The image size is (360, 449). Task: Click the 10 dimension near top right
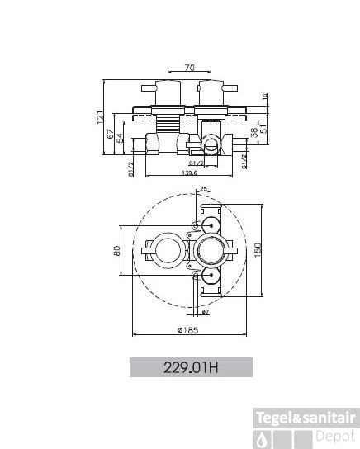(263, 97)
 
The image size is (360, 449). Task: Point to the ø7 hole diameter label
(205, 311)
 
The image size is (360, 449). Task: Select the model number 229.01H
(190, 367)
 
